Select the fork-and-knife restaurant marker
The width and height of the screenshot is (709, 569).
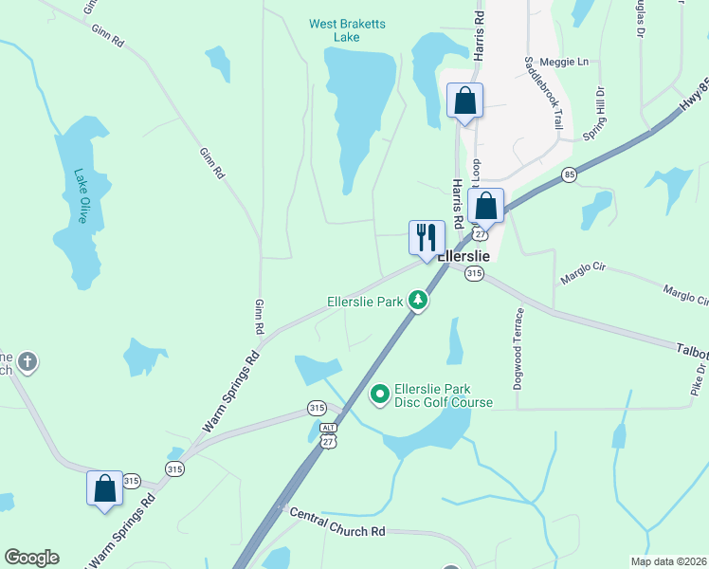(426, 237)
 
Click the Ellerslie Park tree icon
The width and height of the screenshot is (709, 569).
(417, 302)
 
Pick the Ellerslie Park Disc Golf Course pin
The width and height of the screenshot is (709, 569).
(380, 393)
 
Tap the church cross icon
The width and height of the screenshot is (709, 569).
(27, 361)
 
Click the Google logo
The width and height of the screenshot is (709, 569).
(31, 558)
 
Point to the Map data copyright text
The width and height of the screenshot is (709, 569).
(668, 561)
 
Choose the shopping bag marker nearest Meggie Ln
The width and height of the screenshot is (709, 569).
(465, 101)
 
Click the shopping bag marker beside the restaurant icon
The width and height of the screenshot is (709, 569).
(485, 205)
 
